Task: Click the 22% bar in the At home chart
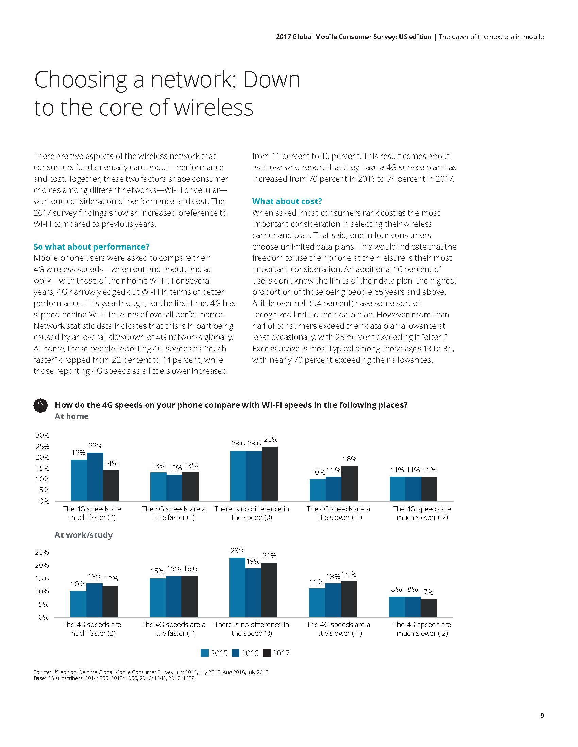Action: (x=95, y=476)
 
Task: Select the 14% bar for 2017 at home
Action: (x=111, y=485)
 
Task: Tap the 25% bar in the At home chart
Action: (x=270, y=473)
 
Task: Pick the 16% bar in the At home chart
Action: (x=350, y=483)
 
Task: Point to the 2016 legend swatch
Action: (x=236, y=653)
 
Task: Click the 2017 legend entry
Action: (x=276, y=653)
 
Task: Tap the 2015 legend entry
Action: (x=214, y=653)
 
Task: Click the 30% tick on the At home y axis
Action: (x=42, y=435)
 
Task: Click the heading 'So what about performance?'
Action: (x=91, y=247)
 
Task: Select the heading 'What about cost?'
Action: (x=287, y=201)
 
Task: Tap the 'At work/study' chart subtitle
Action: (x=84, y=535)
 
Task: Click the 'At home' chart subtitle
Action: (x=71, y=416)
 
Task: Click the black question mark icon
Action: (x=40, y=406)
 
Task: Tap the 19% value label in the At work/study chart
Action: (x=253, y=561)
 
